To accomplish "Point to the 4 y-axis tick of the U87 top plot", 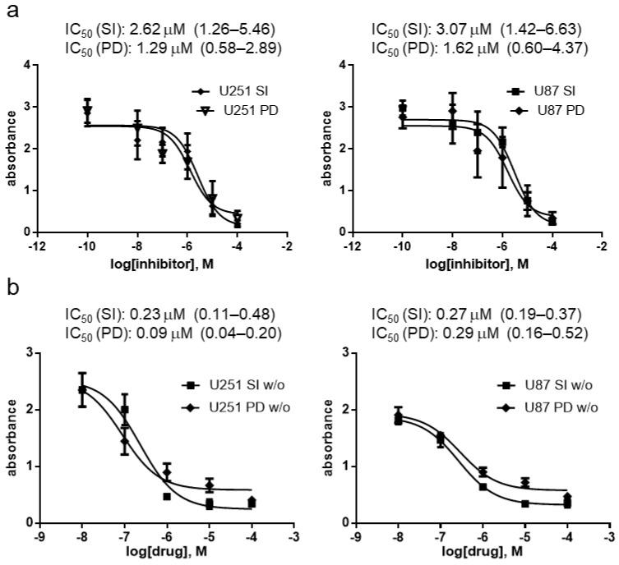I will [344, 66].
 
